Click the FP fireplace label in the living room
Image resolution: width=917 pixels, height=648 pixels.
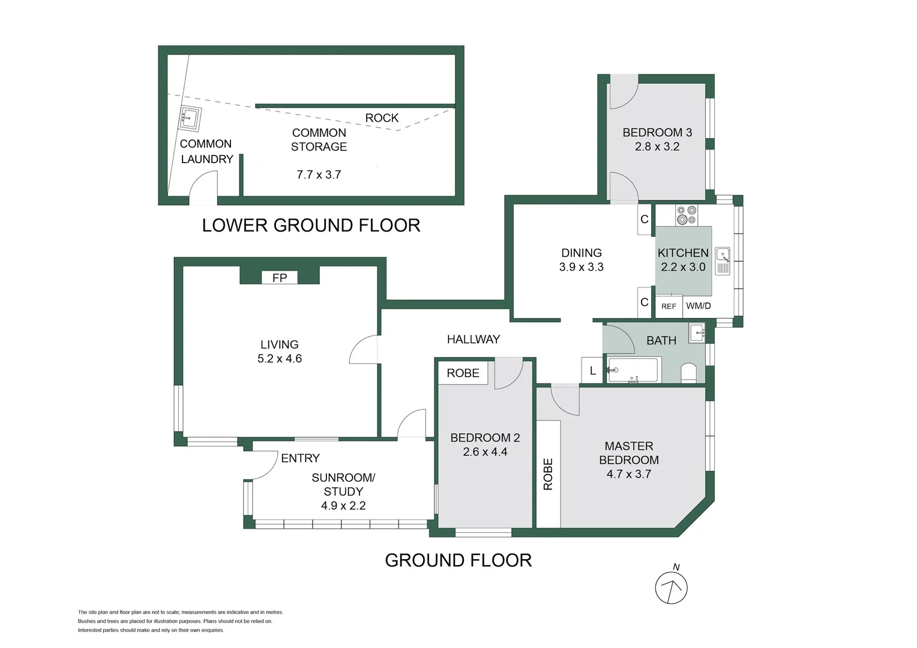point(280,278)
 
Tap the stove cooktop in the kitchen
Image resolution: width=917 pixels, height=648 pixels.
point(687,215)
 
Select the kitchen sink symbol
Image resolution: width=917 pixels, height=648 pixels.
point(723,261)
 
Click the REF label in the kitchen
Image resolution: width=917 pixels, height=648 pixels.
point(669,306)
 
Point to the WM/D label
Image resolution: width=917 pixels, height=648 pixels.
point(699,306)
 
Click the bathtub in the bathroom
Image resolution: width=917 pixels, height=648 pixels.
point(633,370)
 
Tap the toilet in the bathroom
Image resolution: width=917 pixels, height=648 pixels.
point(688,372)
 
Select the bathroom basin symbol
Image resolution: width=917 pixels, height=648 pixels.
point(697,332)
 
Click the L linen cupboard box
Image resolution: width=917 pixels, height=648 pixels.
point(592,370)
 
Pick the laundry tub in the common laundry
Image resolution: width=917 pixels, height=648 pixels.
point(190,118)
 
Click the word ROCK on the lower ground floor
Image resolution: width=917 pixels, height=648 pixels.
point(382,118)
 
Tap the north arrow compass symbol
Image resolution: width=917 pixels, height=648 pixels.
point(671,587)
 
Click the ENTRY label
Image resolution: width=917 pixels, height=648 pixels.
point(300,458)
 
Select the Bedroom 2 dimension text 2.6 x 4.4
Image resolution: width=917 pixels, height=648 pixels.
point(485,452)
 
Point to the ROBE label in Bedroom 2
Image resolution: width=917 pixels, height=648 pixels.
point(463,373)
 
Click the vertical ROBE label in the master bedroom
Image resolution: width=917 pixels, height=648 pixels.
point(548,474)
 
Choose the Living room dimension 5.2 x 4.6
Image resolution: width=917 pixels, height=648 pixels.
point(280,359)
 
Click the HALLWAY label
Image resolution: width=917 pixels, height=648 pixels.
point(474,340)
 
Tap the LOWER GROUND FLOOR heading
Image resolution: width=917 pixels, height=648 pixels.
point(311,226)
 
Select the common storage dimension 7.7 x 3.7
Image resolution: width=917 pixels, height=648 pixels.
point(319,175)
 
